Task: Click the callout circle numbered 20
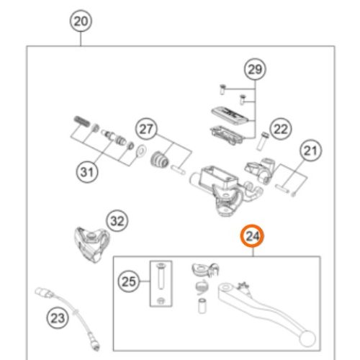pyautogui.click(x=81, y=21)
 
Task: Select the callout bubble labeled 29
pyautogui.click(x=255, y=69)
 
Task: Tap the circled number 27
pyautogui.click(x=146, y=129)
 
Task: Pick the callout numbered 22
pyautogui.click(x=281, y=130)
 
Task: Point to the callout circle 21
pyautogui.click(x=310, y=150)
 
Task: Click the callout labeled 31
pyautogui.click(x=87, y=172)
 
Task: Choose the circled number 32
pyautogui.click(x=117, y=221)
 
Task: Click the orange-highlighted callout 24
pyautogui.click(x=252, y=236)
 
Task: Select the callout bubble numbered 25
pyautogui.click(x=129, y=281)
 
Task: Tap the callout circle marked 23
pyautogui.click(x=58, y=318)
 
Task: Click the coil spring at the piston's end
pyautogui.click(x=81, y=122)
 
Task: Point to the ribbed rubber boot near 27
pyautogui.click(x=160, y=159)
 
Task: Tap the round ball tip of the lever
pyautogui.click(x=307, y=338)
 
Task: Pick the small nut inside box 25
pyautogui.click(x=161, y=300)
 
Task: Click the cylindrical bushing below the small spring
pyautogui.click(x=202, y=305)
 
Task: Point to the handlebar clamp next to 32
pyautogui.click(x=91, y=244)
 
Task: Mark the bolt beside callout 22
pyautogui.click(x=262, y=141)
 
